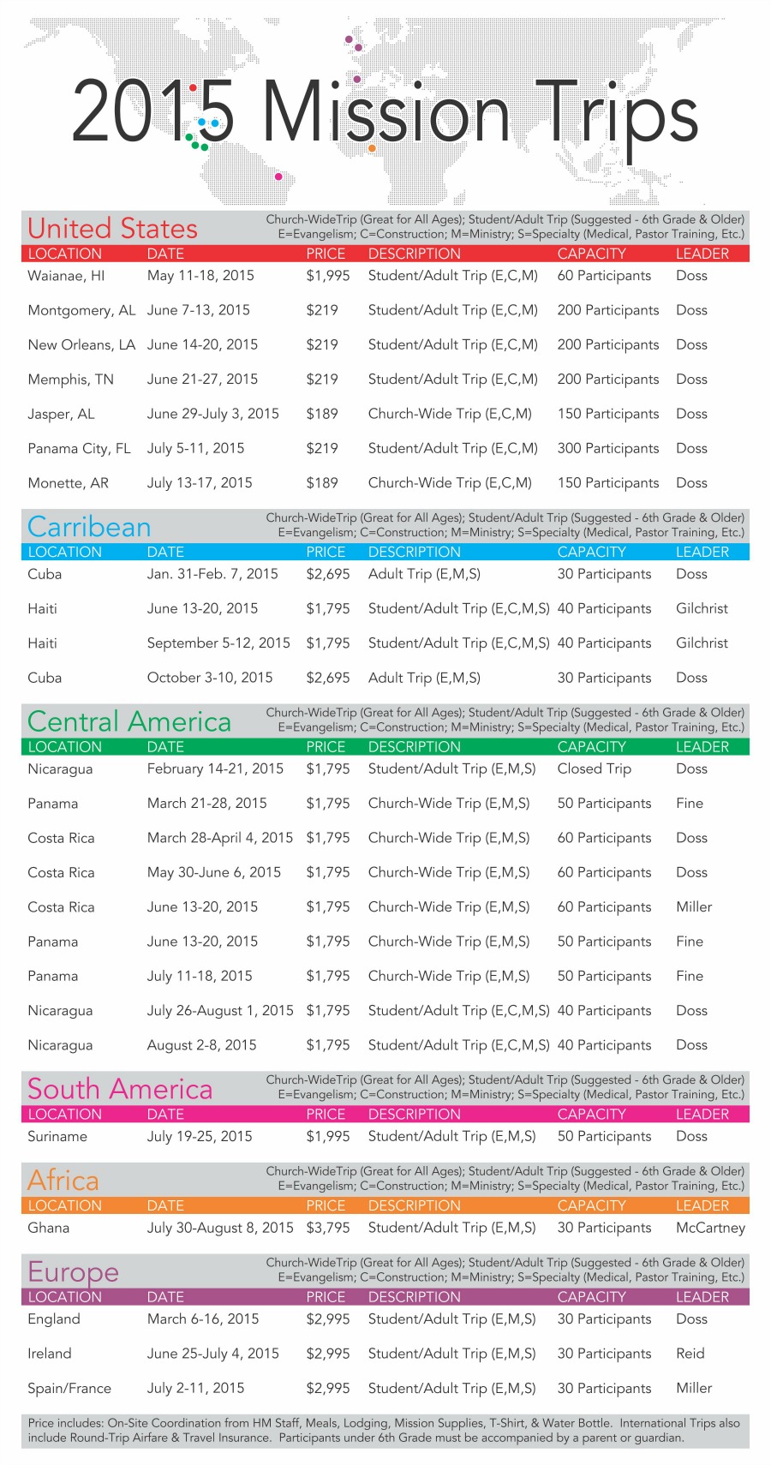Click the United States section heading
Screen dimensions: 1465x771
pos(112,229)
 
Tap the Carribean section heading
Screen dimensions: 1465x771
pos(89,527)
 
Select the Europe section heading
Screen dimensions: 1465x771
pos(73,1271)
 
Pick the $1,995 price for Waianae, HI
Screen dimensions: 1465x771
pos(328,276)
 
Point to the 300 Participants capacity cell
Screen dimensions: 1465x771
pos(608,448)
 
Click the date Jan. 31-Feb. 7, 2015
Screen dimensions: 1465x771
pos(212,574)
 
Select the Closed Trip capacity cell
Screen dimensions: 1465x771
pos(595,768)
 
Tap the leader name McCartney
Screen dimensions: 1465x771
pos(710,1228)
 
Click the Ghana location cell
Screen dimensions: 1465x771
pos(49,1228)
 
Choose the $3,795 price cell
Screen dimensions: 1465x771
pos(328,1228)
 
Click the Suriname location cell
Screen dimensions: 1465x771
pos(57,1136)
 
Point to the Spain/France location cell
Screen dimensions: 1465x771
pos(69,1388)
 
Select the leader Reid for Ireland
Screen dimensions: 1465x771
pos(690,1354)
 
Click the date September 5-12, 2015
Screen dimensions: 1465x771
pos(218,643)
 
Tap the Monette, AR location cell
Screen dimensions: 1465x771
pos(69,482)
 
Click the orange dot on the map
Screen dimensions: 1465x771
pos(372,148)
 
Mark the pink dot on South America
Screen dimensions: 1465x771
pos(278,176)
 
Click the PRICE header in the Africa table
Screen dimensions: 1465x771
pos(326,1205)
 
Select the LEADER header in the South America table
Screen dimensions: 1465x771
pos(702,1114)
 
